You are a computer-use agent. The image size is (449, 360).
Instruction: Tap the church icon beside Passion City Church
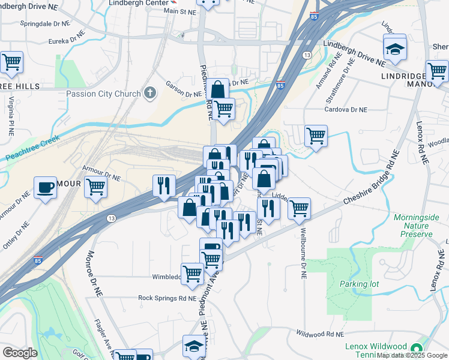149,93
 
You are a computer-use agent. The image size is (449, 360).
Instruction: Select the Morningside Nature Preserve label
414,225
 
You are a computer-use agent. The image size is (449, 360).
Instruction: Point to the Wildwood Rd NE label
319,334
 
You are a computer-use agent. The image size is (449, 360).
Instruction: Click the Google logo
20,353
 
